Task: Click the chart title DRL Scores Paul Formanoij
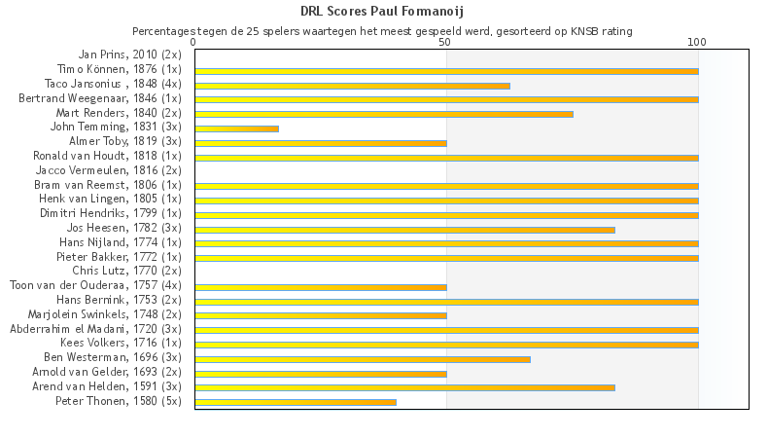point(382,12)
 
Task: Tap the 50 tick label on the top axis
point(446,43)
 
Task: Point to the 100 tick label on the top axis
point(697,43)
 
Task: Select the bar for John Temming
point(237,128)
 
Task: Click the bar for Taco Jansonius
point(352,86)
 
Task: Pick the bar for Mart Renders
point(384,114)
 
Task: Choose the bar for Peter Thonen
point(296,401)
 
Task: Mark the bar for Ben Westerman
point(363,358)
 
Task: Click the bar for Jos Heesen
point(404,230)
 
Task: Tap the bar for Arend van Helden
point(404,387)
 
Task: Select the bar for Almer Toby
point(321,143)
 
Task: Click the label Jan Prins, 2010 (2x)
point(129,55)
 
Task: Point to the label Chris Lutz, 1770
point(126,270)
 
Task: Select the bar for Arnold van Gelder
point(321,373)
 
